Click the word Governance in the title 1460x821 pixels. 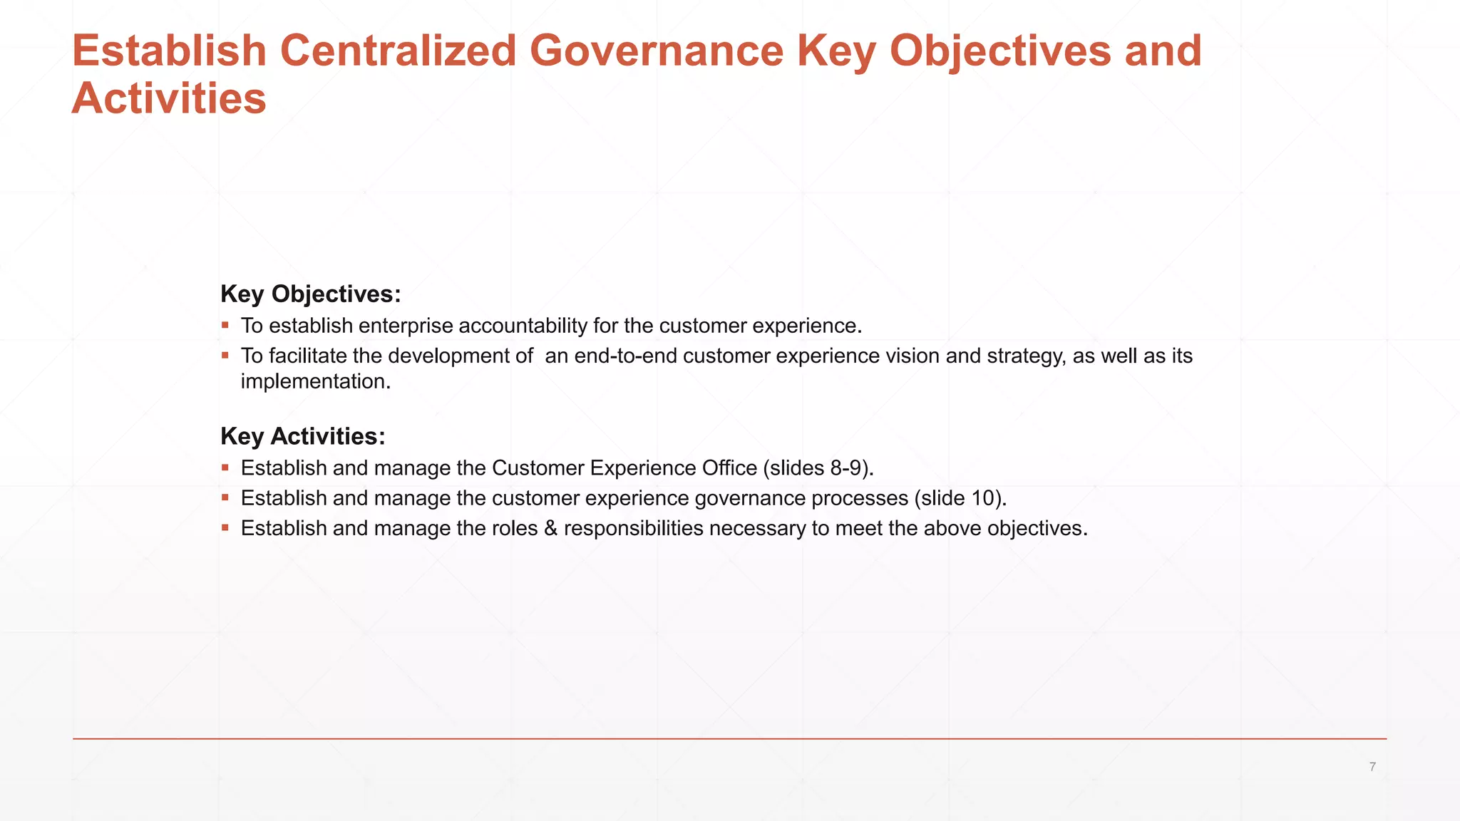click(x=656, y=51)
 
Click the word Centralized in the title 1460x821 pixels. click(x=398, y=51)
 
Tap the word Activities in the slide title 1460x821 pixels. click(x=169, y=98)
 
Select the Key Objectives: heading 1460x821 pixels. click(x=311, y=294)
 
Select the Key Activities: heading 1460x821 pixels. click(x=303, y=436)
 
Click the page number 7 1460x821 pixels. click(x=1372, y=767)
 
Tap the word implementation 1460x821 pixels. click(x=315, y=381)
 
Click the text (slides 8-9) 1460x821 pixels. click(x=818, y=468)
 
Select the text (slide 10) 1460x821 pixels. click(x=960, y=498)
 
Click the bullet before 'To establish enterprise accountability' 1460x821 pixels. click(x=225, y=326)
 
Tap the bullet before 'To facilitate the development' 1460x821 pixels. click(x=225, y=356)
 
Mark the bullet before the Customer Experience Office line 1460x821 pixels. click(x=225, y=468)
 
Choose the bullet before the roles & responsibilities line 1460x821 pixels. click(x=225, y=528)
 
